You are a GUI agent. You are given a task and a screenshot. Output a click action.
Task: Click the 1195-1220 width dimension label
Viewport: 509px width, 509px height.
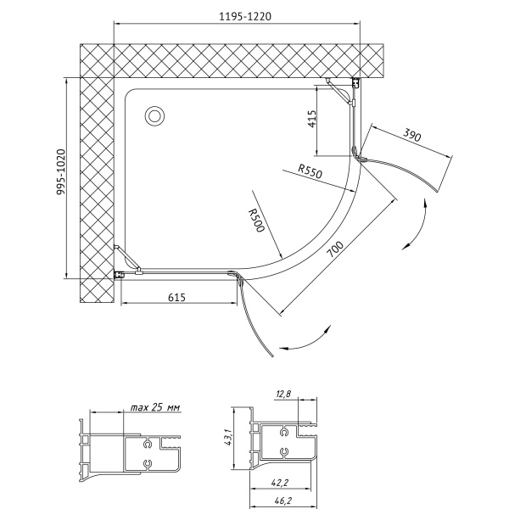(x=245, y=16)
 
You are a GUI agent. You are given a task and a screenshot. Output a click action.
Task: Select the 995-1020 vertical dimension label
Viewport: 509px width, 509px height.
(x=61, y=172)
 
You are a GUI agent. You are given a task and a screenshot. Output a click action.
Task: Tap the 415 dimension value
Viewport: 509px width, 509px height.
(x=311, y=119)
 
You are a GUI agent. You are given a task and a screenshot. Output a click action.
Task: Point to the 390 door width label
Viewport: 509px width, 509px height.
(x=412, y=135)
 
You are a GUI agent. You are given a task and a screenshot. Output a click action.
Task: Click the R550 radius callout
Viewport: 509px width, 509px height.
(x=310, y=171)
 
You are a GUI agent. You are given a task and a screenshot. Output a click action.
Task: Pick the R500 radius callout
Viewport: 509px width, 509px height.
(x=256, y=221)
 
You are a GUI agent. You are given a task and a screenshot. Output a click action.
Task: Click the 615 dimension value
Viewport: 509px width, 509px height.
(x=177, y=297)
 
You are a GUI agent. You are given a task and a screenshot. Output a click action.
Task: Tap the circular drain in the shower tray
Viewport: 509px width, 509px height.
(x=154, y=116)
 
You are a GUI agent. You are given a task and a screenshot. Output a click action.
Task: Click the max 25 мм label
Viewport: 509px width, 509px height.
(x=155, y=407)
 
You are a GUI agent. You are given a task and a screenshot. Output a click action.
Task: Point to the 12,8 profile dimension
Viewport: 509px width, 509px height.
(x=283, y=394)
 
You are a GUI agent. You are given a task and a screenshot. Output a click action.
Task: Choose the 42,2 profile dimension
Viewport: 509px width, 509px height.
(x=280, y=483)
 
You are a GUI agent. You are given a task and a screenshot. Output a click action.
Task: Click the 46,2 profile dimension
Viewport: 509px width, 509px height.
(x=280, y=501)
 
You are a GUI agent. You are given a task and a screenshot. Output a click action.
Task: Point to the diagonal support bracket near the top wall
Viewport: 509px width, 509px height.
(x=339, y=92)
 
